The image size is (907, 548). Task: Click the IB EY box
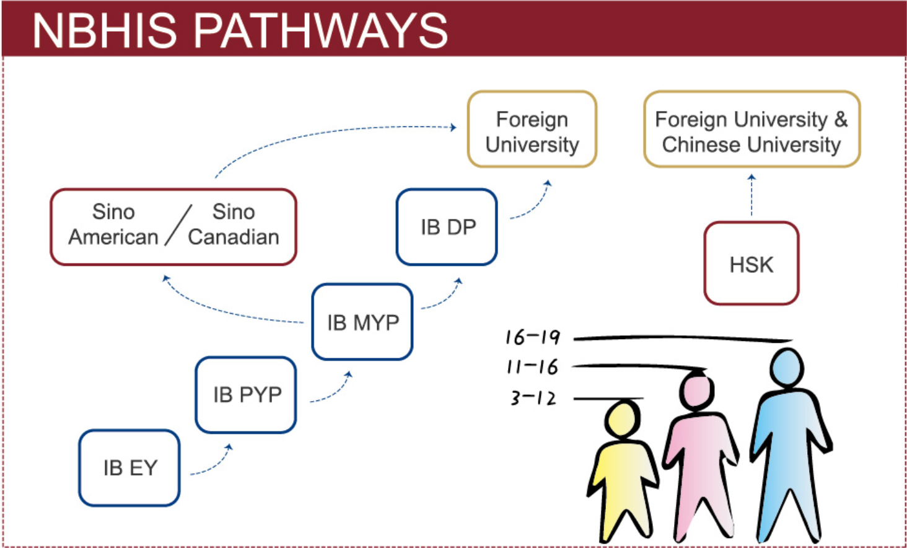tap(129, 467)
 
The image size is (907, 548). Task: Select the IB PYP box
tap(246, 394)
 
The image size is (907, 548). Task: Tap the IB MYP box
tap(362, 322)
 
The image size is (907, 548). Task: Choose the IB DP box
tap(447, 227)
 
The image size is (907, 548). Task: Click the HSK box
tap(751, 264)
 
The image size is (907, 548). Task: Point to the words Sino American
tap(113, 224)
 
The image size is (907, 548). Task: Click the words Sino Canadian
tap(234, 224)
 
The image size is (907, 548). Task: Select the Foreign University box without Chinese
tap(532, 130)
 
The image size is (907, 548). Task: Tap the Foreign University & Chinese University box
tap(751, 130)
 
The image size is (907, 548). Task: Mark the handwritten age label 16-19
tap(532, 337)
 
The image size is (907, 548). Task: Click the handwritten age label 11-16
tap(532, 367)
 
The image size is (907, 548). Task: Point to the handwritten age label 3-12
tap(533, 397)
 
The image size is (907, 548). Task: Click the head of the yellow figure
tap(622, 420)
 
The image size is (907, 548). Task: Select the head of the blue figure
tap(787, 367)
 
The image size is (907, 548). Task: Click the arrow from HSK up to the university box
tap(751, 195)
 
